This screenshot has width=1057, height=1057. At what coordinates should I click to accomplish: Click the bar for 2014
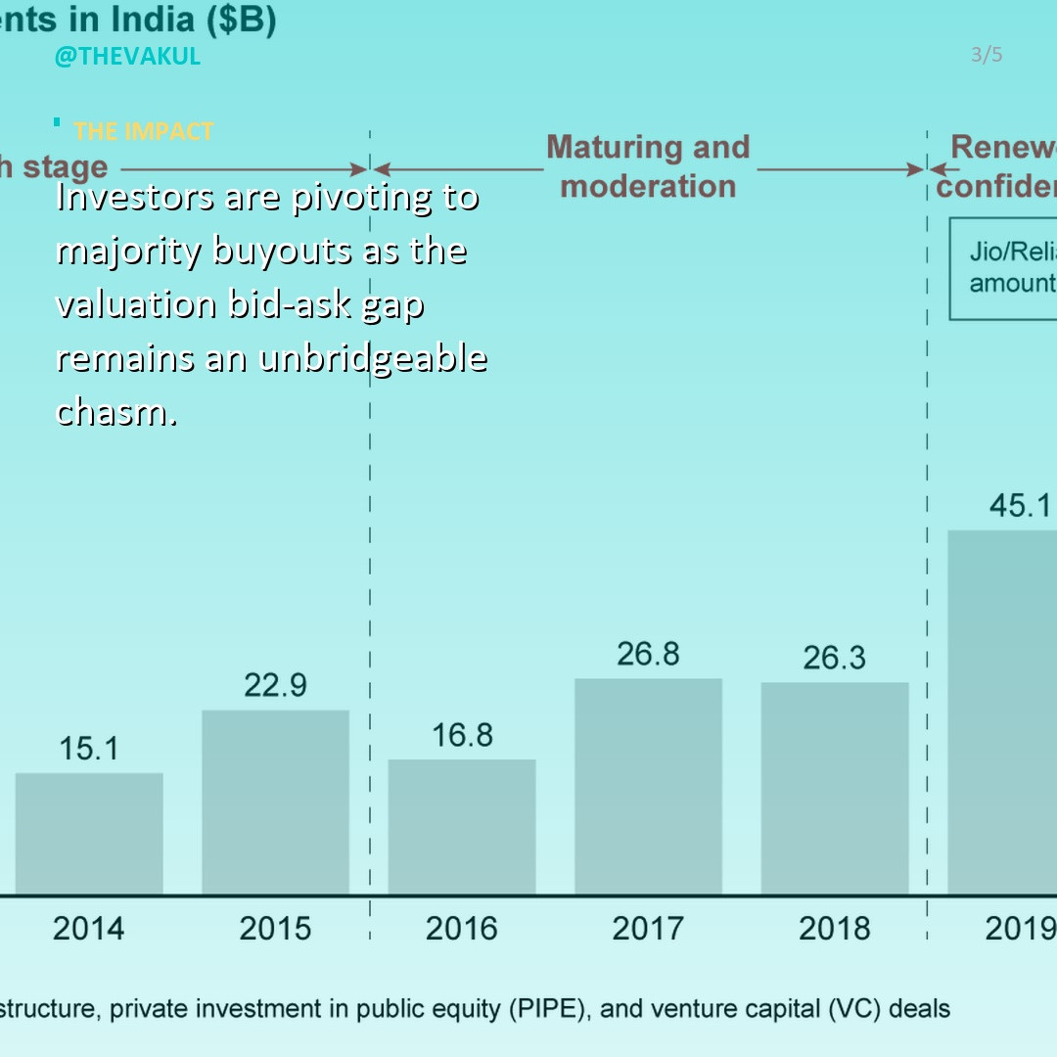pos(89,833)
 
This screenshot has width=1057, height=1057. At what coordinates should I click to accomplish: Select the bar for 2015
pos(275,802)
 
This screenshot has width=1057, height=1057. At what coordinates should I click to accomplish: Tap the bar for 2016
pos(462,826)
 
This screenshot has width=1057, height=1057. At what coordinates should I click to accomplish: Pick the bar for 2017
pos(648,786)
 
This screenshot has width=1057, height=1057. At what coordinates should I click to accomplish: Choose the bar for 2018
pos(835,788)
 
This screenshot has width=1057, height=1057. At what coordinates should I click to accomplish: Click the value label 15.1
pos(89,749)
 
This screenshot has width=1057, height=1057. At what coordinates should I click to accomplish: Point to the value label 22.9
pos(275,685)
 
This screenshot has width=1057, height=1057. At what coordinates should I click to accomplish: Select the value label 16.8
pos(462,735)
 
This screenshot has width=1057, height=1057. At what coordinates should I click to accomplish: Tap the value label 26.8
pos(648,654)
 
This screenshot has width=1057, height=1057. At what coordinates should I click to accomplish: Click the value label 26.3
pos(835,658)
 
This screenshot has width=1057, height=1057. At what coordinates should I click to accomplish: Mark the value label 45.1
pos(1020,505)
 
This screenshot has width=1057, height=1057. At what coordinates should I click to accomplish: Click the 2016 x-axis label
pos(462,928)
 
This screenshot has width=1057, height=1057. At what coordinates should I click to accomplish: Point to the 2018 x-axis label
pos(835,928)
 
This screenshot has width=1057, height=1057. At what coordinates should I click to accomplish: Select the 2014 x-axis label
pos(89,928)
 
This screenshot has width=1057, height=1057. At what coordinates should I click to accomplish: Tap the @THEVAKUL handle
pos(127,56)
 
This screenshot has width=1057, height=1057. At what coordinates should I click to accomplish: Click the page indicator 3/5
pos(987,55)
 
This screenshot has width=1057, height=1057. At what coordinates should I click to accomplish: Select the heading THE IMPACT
pos(143,131)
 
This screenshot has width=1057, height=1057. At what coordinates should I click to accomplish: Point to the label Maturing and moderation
pos(648,166)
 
